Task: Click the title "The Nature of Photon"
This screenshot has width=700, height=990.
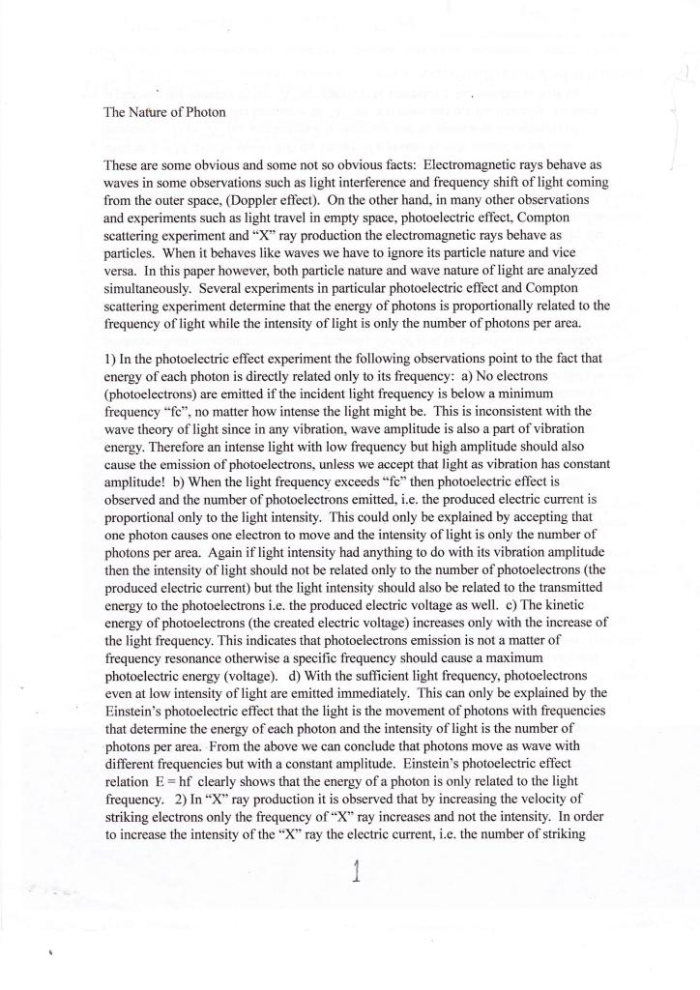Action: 164,111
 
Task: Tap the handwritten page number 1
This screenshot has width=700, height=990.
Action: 357,872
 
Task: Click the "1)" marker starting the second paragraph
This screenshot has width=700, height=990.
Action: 109,359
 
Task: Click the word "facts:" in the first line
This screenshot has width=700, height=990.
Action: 392,165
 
